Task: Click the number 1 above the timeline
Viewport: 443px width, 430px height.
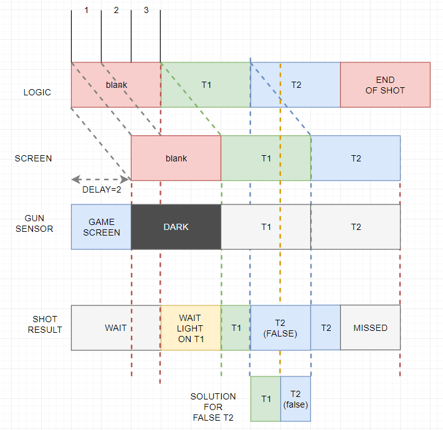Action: (x=87, y=11)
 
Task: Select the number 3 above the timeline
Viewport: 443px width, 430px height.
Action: (x=146, y=11)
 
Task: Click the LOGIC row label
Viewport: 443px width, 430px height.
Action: (x=37, y=92)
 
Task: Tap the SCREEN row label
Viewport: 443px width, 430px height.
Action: (x=34, y=158)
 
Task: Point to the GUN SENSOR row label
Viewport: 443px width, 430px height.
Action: (x=39, y=224)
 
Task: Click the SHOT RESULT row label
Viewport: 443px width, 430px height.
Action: (x=45, y=324)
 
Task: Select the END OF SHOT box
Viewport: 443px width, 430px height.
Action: (x=385, y=85)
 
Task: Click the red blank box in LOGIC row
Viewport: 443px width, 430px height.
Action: (x=116, y=85)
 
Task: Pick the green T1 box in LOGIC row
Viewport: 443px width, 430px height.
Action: (x=206, y=85)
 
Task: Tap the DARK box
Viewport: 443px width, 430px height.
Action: (x=176, y=227)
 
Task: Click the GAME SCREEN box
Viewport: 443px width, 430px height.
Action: (x=102, y=227)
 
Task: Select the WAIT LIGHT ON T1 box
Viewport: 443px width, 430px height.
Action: (x=191, y=328)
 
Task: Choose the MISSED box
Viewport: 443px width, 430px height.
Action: (x=370, y=328)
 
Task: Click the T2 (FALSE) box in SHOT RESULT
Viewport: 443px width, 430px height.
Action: (x=280, y=328)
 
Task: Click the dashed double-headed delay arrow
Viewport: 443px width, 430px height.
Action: (x=101, y=179)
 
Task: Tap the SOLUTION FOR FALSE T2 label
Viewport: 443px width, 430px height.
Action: (x=213, y=407)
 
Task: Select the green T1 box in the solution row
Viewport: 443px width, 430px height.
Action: (x=265, y=399)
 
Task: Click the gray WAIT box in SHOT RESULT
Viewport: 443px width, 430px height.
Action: (x=116, y=328)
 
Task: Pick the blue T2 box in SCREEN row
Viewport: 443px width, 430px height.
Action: (x=355, y=158)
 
